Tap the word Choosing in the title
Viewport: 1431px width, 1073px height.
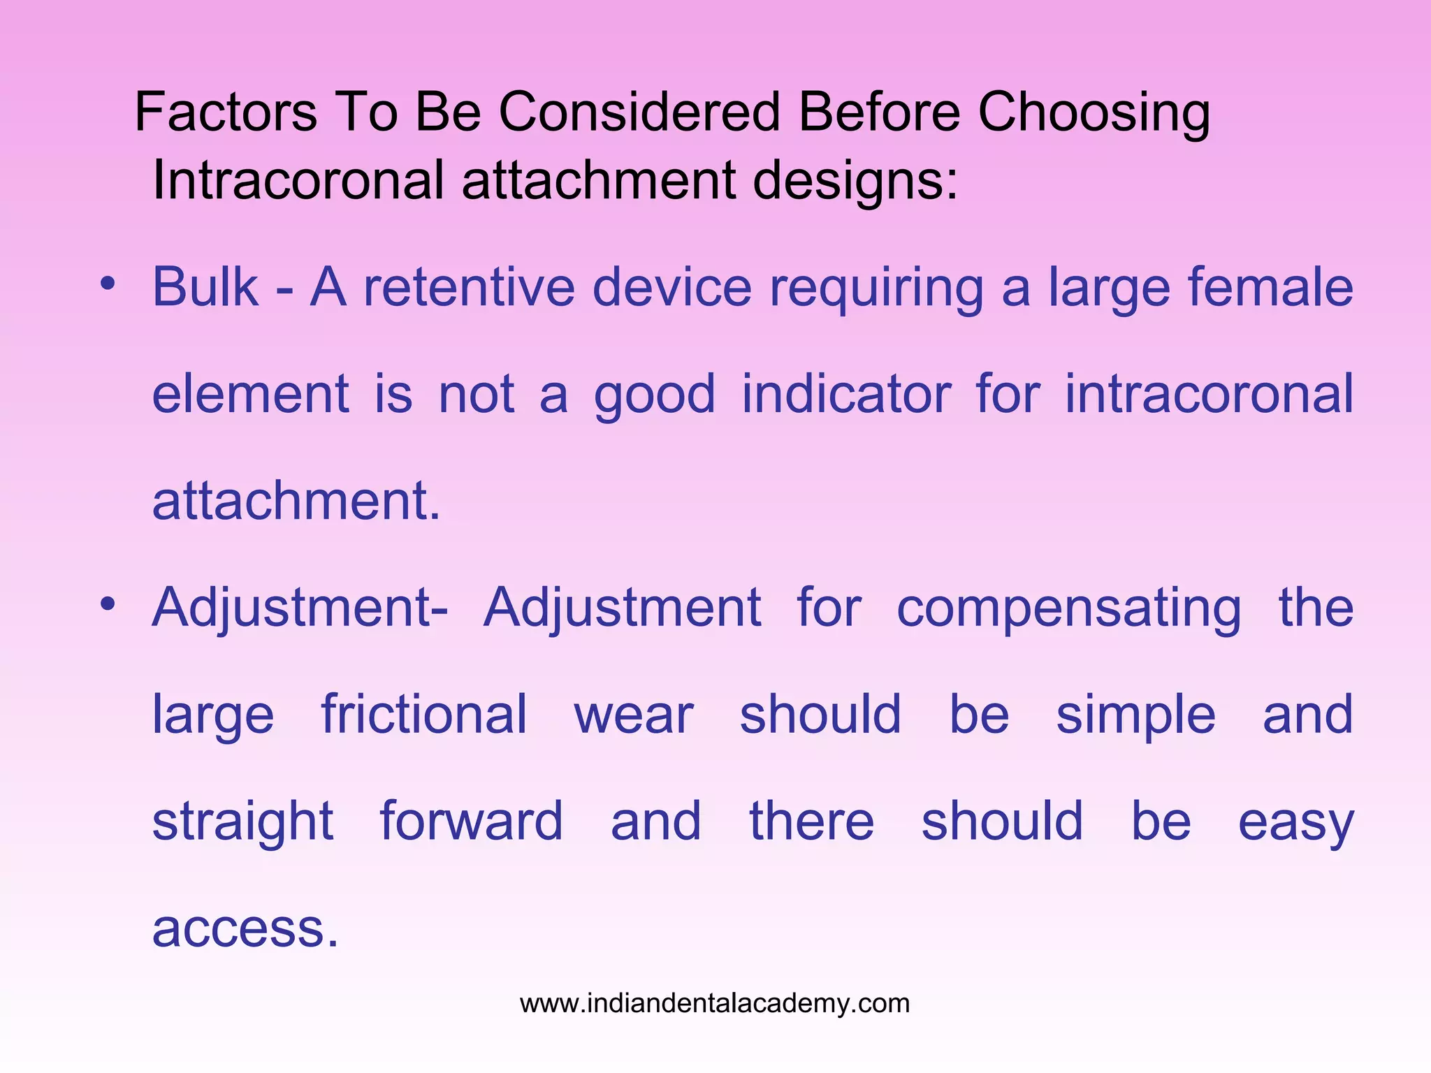click(x=1094, y=114)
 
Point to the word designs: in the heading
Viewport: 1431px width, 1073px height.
click(x=855, y=181)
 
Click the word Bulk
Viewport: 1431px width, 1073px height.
click(x=205, y=287)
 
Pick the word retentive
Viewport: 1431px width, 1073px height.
click(x=469, y=287)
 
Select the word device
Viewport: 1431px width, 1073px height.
click(x=671, y=287)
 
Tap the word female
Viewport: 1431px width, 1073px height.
click(x=1270, y=287)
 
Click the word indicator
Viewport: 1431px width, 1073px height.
click(x=846, y=394)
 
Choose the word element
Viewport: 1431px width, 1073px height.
click(x=250, y=394)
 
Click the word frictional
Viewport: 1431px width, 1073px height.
click(x=423, y=715)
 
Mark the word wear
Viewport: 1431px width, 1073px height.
click(x=633, y=716)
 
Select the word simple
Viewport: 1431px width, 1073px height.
click(x=1135, y=716)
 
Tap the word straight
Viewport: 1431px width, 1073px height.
click(x=242, y=822)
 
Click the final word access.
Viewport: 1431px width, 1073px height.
click(x=245, y=929)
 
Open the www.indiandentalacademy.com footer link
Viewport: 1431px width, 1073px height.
click(x=715, y=1004)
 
